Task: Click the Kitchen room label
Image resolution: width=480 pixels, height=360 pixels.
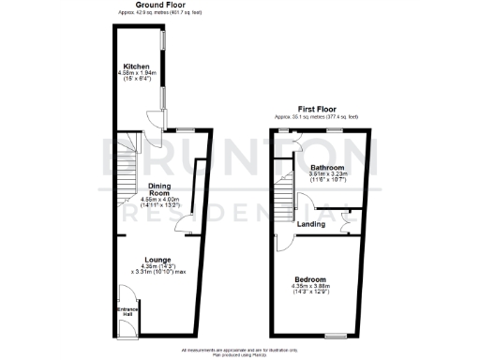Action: [136, 67]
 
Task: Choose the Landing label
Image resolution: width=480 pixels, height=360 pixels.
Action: [311, 224]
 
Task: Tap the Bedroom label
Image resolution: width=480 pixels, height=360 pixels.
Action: [309, 279]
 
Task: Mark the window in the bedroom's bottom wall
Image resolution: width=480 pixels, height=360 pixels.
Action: [337, 336]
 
